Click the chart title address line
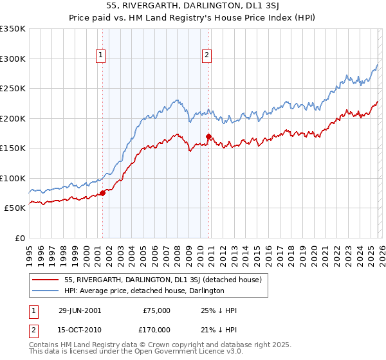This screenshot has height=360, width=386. tap(192, 7)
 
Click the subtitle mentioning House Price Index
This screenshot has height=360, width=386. tap(192, 19)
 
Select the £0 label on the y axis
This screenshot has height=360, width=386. tap(19, 238)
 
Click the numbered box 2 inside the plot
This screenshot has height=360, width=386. tap(207, 56)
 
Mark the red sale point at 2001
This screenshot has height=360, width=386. tap(102, 193)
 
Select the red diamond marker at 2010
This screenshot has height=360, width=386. tap(208, 136)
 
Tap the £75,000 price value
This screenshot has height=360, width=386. tap(156, 310)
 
